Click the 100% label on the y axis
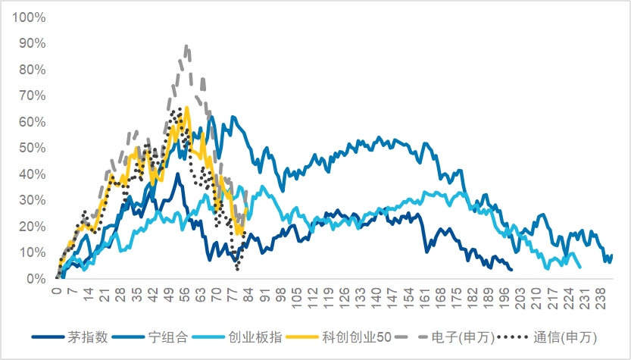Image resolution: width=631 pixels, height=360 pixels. click(x=29, y=17)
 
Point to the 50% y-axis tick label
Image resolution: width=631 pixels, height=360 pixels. click(x=32, y=149)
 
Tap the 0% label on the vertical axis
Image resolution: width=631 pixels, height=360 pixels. click(x=36, y=279)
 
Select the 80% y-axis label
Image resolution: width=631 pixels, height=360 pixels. click(x=32, y=70)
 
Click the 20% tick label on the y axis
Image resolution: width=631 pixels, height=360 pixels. click(x=32, y=227)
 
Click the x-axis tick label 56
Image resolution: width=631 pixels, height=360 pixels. click(x=184, y=294)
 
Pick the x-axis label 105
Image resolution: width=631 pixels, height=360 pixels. click(x=297, y=299)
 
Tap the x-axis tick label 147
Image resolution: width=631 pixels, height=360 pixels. click(x=392, y=299)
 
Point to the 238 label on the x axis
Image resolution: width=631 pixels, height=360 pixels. click(x=600, y=299)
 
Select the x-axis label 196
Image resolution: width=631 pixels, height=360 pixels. click(x=504, y=299)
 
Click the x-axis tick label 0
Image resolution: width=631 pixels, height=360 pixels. click(x=58, y=291)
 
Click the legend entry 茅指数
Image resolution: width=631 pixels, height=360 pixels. click(x=70, y=337)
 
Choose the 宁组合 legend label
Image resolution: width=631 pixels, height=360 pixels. click(x=151, y=337)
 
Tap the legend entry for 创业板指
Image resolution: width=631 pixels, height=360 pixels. click(x=237, y=337)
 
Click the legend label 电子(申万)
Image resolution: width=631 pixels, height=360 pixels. click(x=445, y=337)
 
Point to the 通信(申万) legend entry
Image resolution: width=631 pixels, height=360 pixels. click(x=547, y=337)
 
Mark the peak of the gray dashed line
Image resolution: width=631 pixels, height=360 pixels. click(x=186, y=46)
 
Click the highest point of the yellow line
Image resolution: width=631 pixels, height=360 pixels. click(x=186, y=108)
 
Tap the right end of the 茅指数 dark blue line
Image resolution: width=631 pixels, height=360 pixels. click(x=511, y=269)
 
